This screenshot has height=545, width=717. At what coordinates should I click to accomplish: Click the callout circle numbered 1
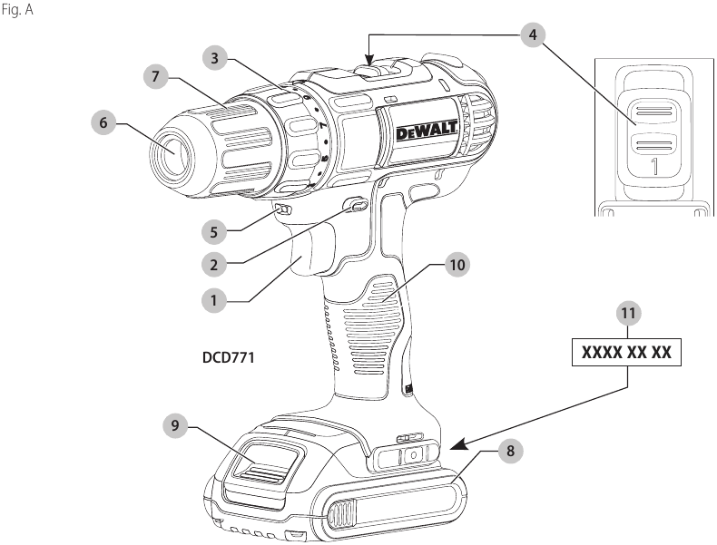[214, 296]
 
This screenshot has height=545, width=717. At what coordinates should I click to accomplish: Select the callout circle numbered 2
[214, 264]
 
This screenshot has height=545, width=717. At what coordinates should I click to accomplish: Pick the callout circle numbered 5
[214, 231]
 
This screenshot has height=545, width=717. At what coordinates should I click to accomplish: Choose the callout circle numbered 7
[157, 77]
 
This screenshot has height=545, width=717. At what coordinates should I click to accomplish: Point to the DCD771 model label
[228, 358]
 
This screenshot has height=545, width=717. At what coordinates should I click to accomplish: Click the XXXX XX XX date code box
[626, 352]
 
